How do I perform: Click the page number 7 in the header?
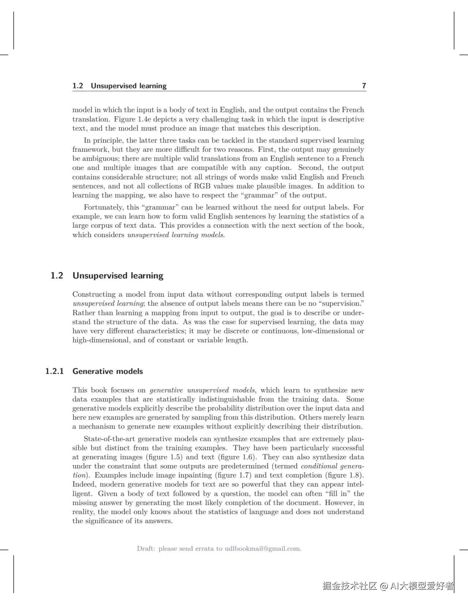click(364, 86)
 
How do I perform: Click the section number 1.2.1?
click(54, 371)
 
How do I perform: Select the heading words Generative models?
click(107, 371)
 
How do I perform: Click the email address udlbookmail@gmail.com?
click(263, 548)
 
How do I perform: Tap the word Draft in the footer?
click(146, 548)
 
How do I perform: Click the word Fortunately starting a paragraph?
click(104, 207)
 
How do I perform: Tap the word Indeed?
click(84, 484)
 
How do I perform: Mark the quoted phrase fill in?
click(336, 494)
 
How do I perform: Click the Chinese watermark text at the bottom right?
click(388, 586)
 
